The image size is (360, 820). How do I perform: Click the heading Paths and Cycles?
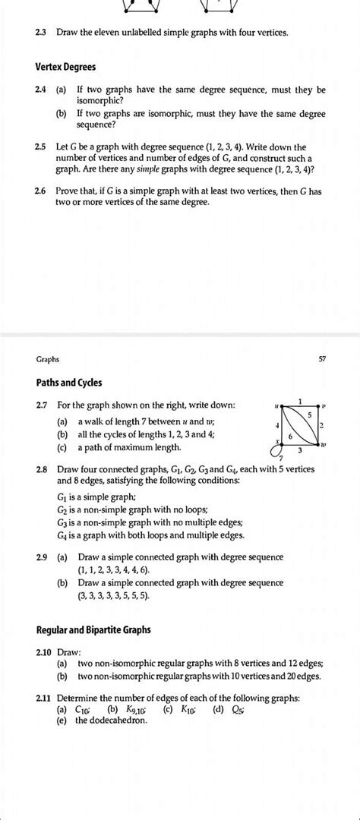tap(68, 383)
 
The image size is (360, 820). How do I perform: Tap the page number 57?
tap(322, 358)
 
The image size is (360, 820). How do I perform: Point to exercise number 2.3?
tap(42, 33)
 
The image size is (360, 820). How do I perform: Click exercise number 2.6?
tap(42, 192)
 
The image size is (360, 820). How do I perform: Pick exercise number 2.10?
tap(44, 651)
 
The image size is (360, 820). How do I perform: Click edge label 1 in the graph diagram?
tap(301, 400)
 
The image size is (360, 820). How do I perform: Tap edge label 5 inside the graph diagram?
tap(310, 415)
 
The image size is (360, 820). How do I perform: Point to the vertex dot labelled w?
tap(317, 446)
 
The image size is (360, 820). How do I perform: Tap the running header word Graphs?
tap(47, 358)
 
